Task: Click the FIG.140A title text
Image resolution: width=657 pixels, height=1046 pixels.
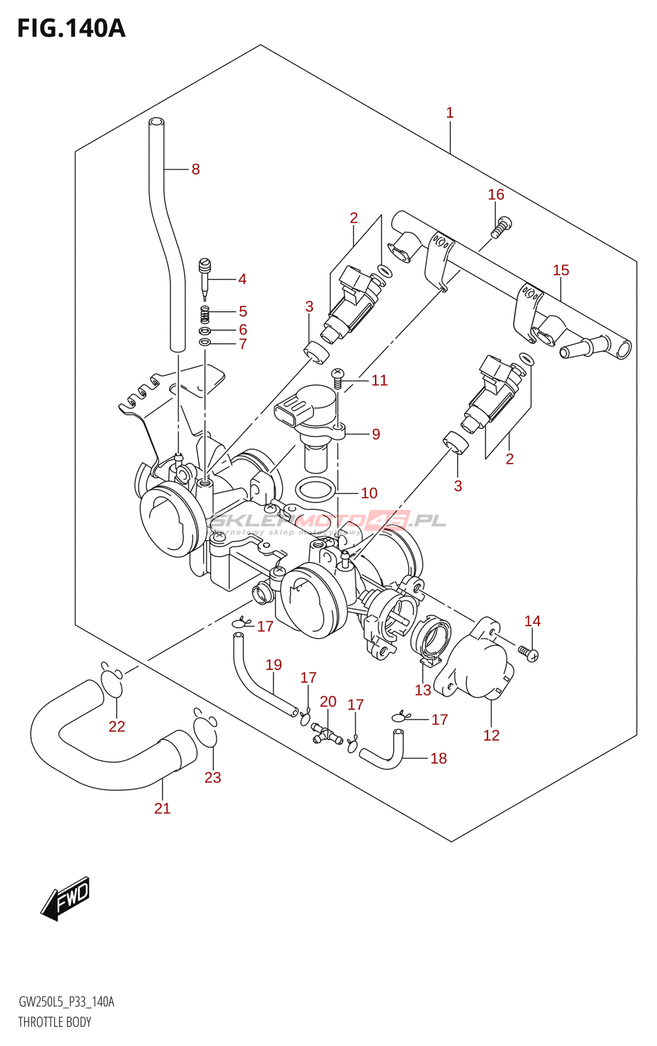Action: [x=71, y=29]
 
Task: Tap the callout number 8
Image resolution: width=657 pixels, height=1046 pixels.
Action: [x=195, y=169]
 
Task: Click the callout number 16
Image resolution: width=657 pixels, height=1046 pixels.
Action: [x=496, y=194]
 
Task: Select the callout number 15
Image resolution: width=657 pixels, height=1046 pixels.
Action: [x=561, y=270]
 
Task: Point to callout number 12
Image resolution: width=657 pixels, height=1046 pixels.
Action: [x=491, y=735]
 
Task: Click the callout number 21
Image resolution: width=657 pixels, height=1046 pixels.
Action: [x=162, y=809]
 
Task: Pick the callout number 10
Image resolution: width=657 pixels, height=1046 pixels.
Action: [x=369, y=493]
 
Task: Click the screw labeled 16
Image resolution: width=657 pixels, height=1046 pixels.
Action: [x=502, y=226]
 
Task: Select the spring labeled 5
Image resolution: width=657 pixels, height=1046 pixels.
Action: [x=205, y=314]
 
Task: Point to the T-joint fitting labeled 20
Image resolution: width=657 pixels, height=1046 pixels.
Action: [x=327, y=734]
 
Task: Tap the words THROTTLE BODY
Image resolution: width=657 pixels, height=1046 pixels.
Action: [x=55, y=1022]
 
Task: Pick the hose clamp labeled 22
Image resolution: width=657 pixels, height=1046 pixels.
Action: [x=113, y=684]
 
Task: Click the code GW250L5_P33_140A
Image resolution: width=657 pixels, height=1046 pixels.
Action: [x=66, y=1002]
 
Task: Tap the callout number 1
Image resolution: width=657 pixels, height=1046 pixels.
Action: [x=450, y=112]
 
